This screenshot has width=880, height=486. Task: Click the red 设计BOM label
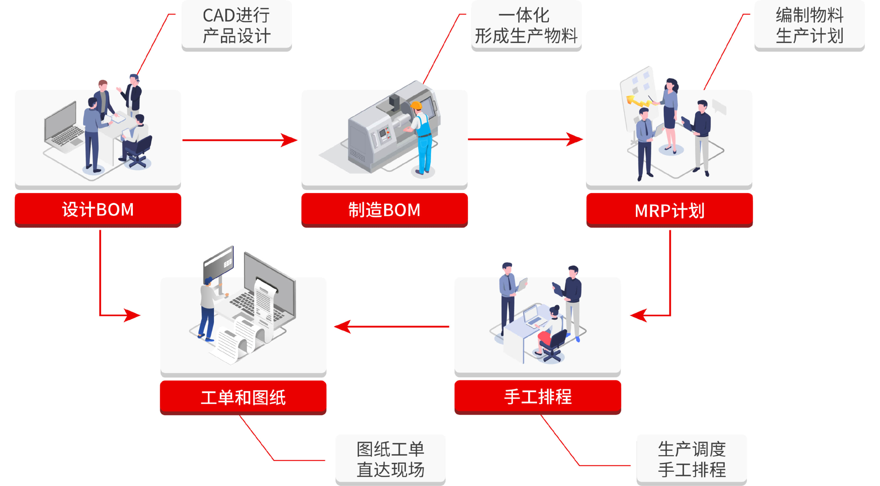coord(98,209)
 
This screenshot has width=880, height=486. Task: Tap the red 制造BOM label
coord(384,209)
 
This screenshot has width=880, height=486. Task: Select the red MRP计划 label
coord(669,210)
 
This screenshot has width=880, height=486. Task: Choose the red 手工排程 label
coord(537,397)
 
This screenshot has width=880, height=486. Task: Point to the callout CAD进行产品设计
coord(236,25)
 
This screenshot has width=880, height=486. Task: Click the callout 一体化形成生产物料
coord(526,25)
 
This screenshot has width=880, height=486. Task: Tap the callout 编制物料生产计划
coord(809,25)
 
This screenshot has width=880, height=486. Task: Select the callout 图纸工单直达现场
coord(390,459)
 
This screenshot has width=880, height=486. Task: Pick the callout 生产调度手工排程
coord(691,459)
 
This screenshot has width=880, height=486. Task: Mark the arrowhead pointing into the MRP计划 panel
coord(576,139)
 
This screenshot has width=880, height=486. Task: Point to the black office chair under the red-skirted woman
coord(553,345)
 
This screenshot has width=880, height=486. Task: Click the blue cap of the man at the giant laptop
coord(208,280)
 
